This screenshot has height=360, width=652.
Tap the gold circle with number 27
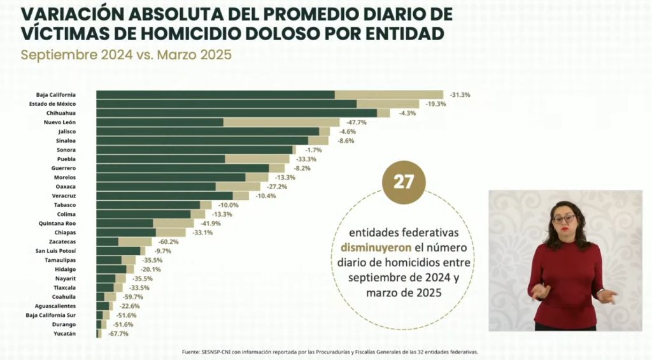pos(404,182)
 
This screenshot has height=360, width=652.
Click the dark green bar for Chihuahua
pos(236,113)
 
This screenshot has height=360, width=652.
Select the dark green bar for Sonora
pos(194,150)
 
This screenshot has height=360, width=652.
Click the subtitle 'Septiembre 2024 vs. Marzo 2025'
pos(125,55)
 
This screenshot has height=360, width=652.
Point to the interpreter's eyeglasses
pos(563,219)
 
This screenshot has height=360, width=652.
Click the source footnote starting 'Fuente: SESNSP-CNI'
pos(329,352)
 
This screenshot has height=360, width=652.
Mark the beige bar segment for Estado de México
pos(388,104)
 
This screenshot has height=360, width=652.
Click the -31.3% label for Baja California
pos(460,95)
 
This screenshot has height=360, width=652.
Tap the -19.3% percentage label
pos(436,104)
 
